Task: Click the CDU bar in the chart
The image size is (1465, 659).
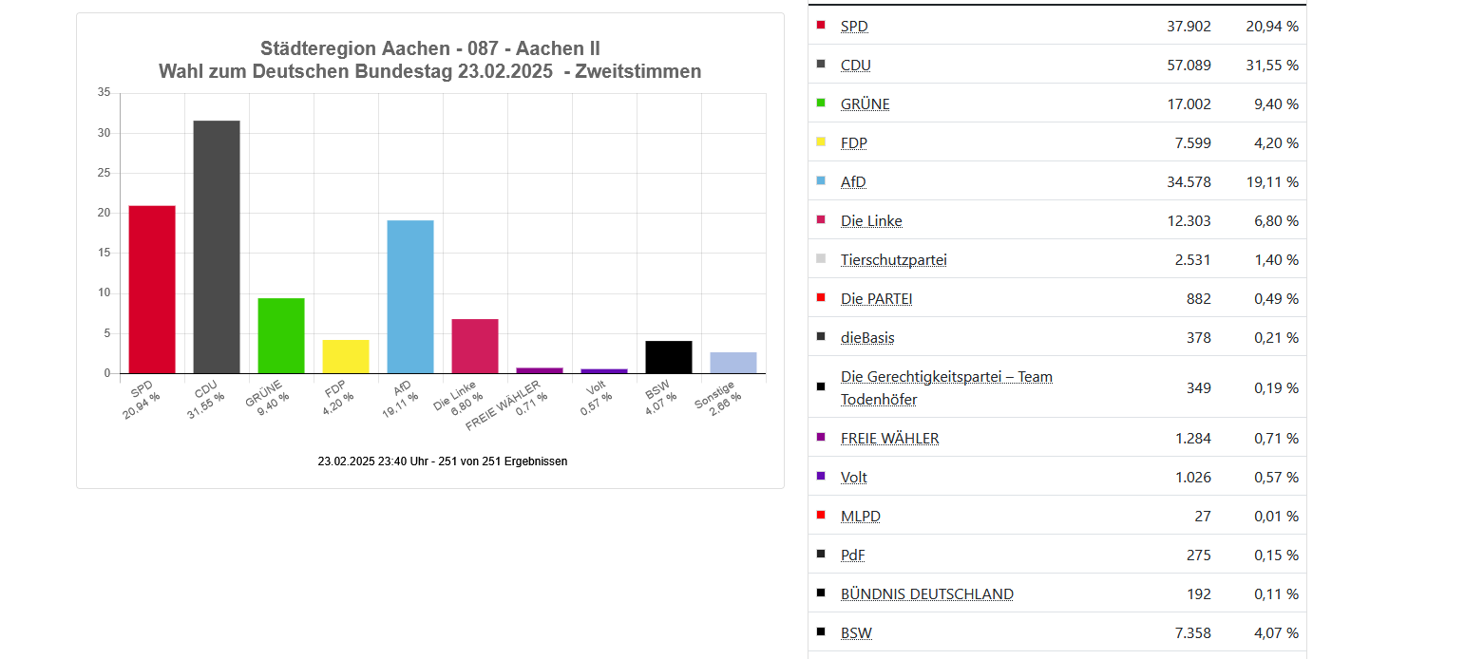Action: tap(217, 247)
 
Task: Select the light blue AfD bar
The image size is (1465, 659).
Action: tap(410, 296)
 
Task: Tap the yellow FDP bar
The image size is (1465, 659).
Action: tap(346, 356)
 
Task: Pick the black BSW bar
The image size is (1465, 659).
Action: tap(669, 357)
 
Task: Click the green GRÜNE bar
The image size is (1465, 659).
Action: tap(281, 335)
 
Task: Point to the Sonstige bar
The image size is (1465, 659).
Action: tap(733, 363)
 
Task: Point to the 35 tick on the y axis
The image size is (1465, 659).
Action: tap(105, 93)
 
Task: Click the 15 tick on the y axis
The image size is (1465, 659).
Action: tap(105, 254)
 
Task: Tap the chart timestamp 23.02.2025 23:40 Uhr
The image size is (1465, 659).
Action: tap(443, 461)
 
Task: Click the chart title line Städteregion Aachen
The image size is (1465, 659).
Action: tap(429, 48)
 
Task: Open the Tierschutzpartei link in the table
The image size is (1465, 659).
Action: tap(893, 260)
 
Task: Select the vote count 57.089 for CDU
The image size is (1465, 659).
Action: tap(1189, 66)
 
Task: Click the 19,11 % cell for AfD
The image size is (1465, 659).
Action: tap(1272, 182)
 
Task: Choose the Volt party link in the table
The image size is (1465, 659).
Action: tap(853, 478)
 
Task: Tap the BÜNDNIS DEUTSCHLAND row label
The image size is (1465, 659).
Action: tap(926, 594)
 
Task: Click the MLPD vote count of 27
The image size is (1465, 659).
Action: tap(1202, 517)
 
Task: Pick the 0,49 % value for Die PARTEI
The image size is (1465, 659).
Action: tap(1272, 299)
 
